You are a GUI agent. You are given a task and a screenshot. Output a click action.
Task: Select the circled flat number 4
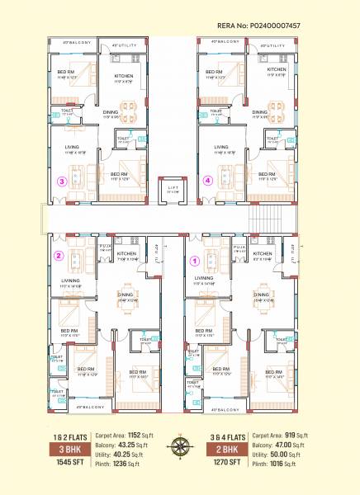click(x=207, y=180)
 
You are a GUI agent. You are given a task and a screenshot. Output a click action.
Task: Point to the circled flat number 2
click(x=59, y=256)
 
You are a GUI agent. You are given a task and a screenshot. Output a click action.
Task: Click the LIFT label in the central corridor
click(x=173, y=189)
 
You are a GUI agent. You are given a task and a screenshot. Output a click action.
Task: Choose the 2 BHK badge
click(x=225, y=449)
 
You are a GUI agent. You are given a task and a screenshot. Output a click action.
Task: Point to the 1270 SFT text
click(x=225, y=464)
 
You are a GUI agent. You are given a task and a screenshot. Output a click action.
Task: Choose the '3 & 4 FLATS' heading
click(x=225, y=435)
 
